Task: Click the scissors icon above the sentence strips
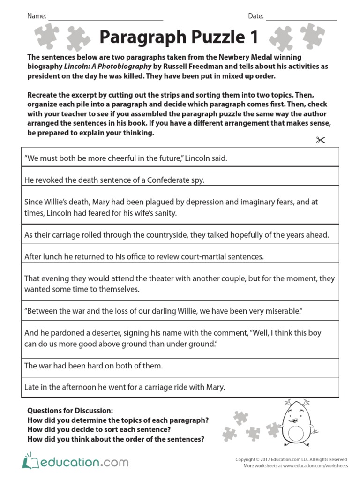pos(321,140)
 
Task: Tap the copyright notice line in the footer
pos(291,460)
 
